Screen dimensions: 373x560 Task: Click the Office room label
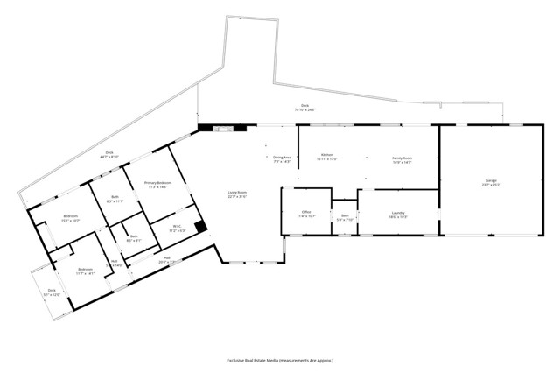tap(307, 213)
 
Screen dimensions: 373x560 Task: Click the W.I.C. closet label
tap(176, 228)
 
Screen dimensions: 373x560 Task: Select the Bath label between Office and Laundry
tap(345, 216)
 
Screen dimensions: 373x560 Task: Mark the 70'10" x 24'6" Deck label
tap(303, 108)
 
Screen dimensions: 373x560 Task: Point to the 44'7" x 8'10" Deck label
tap(110, 156)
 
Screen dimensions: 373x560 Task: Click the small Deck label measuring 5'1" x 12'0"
tap(52, 292)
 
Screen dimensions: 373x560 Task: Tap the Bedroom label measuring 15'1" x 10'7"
tap(71, 218)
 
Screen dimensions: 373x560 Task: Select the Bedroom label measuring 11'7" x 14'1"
tap(85, 271)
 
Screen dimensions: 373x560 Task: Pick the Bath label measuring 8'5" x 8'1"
tap(134, 238)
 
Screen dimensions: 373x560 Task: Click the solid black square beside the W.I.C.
tap(200, 225)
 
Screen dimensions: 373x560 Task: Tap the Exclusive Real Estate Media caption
tap(280, 360)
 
